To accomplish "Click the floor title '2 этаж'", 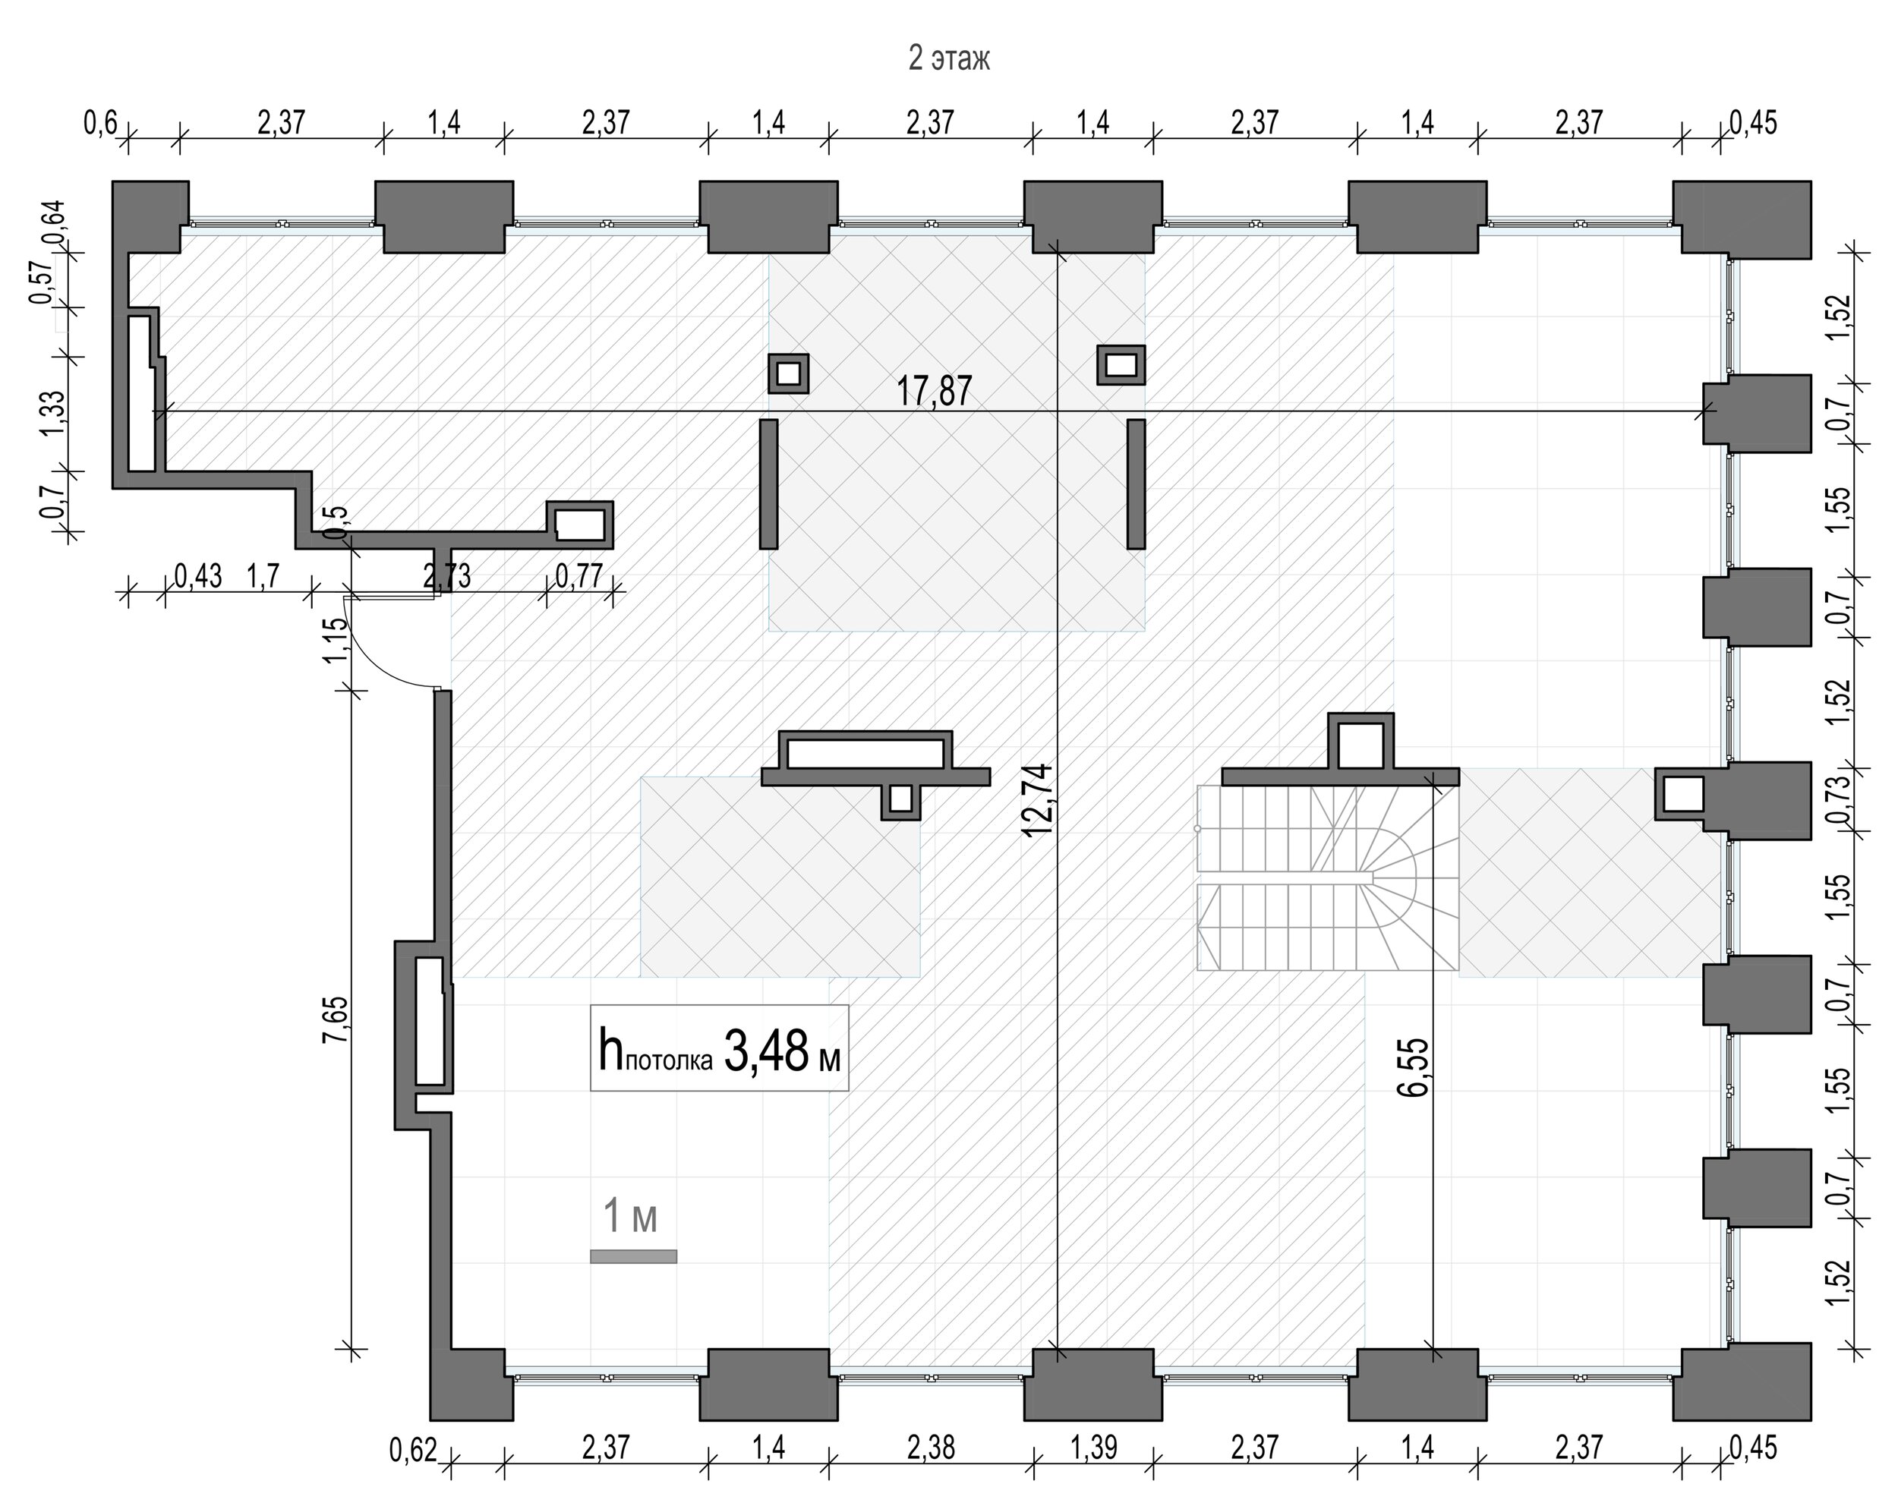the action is tap(949, 58).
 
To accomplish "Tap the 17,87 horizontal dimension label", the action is tap(934, 391).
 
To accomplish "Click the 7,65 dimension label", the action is tap(336, 1020).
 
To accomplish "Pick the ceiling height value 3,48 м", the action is tap(782, 1051).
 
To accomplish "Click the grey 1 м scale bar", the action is tap(633, 1256).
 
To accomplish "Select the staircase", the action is tap(1328, 878).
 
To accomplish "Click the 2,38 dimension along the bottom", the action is tap(931, 1447).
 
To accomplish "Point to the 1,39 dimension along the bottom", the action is tap(1093, 1447).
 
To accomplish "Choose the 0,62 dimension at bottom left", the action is tap(414, 1450).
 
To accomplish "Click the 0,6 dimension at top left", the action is tap(100, 122).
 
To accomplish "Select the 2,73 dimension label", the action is tap(446, 577).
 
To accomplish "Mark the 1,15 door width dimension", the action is tap(336, 641).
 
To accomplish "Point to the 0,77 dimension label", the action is tap(579, 577).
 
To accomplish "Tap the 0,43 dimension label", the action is tap(198, 577).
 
